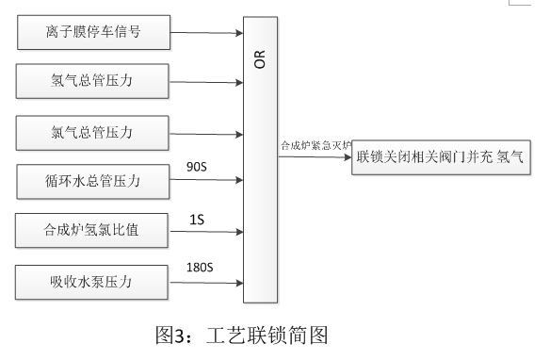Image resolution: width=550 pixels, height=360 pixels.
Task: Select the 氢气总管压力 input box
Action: (92, 79)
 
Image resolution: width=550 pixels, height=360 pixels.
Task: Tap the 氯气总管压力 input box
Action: (92, 130)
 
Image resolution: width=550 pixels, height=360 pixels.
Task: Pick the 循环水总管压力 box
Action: (92, 180)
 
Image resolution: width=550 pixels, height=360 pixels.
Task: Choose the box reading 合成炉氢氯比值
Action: (92, 229)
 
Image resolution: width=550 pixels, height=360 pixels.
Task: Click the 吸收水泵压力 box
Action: (92, 280)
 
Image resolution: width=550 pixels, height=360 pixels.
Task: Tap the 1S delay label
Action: (197, 219)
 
